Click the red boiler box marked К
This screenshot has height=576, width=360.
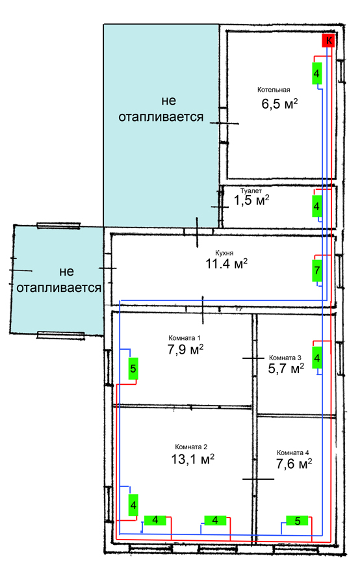click(328, 40)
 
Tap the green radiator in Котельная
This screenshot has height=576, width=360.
click(316, 73)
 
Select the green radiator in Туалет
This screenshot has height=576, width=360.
click(316, 206)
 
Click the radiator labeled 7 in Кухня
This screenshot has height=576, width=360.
click(317, 270)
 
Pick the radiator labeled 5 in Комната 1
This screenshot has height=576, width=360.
click(133, 368)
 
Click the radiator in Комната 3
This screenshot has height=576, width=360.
click(317, 358)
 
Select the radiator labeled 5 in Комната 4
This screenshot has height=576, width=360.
click(297, 521)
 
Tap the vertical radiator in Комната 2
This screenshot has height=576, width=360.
click(133, 505)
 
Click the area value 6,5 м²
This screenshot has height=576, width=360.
click(279, 103)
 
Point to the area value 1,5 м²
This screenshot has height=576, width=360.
click(251, 200)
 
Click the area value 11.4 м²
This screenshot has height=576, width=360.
click(226, 263)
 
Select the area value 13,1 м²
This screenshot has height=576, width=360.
click(193, 458)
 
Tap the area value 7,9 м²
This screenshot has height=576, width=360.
click(185, 349)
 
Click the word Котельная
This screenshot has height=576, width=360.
click(274, 90)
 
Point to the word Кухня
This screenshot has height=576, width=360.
click(224, 253)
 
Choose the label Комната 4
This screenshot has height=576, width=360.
click(293, 452)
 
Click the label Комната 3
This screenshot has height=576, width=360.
click(285, 358)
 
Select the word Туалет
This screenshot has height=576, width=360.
click(251, 191)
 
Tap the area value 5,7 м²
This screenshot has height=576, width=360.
click(286, 368)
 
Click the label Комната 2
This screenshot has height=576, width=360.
click(191, 447)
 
